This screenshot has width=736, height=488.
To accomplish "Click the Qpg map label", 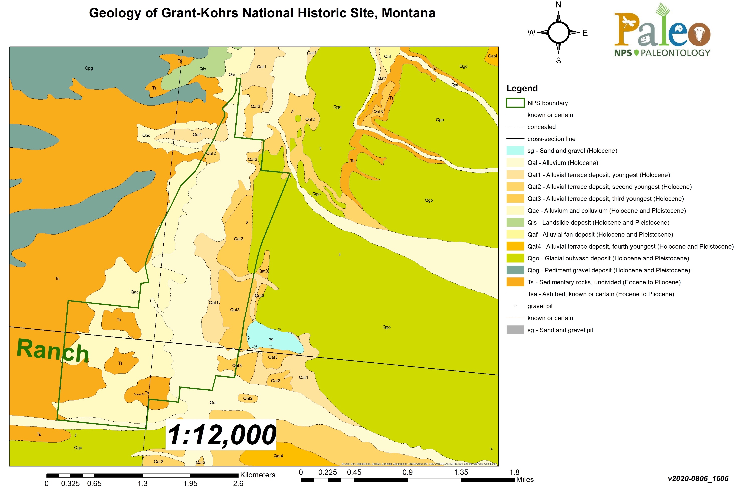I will [x=89, y=68].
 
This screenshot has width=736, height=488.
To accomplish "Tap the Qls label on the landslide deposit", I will [x=203, y=69].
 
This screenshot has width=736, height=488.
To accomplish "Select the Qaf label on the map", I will [x=387, y=56].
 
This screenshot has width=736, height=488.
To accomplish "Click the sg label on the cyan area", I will [x=271, y=339].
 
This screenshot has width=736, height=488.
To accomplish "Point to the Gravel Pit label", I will [x=139, y=394].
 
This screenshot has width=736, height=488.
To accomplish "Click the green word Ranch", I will [x=53, y=351].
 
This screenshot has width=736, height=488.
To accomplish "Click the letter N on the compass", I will [x=558, y=5].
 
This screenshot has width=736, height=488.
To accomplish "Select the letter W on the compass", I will [x=531, y=33].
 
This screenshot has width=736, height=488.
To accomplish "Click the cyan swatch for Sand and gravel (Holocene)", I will [x=515, y=151].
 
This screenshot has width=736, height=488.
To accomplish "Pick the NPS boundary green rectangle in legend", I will [x=515, y=103].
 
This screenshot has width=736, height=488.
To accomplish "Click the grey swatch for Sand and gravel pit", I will [x=515, y=330].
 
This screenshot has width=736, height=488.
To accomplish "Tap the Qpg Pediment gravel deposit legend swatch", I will [x=515, y=270].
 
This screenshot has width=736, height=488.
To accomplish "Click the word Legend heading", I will [x=522, y=88].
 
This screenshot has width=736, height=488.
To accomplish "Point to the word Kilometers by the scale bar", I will [x=257, y=475].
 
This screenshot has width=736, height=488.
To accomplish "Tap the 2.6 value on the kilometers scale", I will [x=238, y=483].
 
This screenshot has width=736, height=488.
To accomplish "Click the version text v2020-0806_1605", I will [x=698, y=479].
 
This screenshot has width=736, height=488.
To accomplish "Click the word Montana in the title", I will [x=408, y=13].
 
